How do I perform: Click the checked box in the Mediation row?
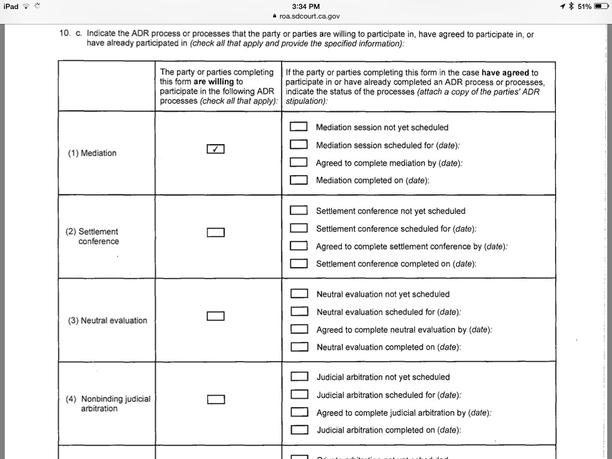tap(215, 149)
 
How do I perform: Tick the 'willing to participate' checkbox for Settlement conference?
tap(216, 232)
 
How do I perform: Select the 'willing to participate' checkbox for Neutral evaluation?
tap(216, 316)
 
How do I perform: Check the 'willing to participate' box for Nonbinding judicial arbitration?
tap(216, 399)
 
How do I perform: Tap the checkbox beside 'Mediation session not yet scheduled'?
tap(298, 127)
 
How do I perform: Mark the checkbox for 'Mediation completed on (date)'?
tap(298, 180)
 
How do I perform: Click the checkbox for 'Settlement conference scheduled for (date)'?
tap(298, 228)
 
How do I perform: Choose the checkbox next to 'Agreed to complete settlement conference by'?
tap(298, 246)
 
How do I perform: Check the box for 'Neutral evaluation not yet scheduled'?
tap(299, 294)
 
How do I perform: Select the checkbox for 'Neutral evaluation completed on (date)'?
tap(299, 347)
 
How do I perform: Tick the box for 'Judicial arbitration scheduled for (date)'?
tap(299, 395)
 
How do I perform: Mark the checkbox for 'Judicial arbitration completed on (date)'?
tap(299, 430)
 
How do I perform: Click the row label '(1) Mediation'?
tap(92, 153)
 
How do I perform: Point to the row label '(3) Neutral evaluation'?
tap(107, 320)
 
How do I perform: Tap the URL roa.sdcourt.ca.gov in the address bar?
tap(310, 17)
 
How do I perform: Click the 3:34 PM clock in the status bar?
tap(306, 6)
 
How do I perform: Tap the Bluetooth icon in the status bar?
tap(571, 6)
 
